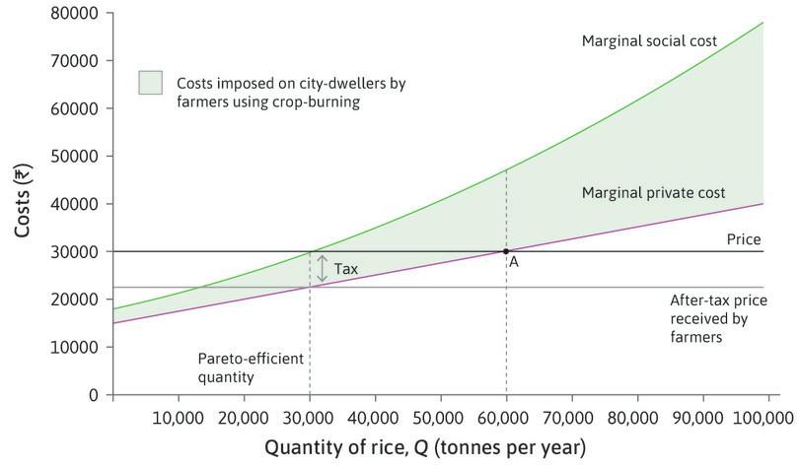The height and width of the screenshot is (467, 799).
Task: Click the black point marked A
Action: (506, 251)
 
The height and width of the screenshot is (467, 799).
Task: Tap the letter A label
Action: (514, 263)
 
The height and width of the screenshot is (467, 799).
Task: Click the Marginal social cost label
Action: (649, 41)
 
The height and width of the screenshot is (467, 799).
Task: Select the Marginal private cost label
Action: (653, 193)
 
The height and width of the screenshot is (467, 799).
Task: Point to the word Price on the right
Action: (744, 239)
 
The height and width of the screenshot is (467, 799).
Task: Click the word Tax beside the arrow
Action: (345, 269)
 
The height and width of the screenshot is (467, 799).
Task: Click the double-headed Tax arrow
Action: (321, 269)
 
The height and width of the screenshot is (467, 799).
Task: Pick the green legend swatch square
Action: (150, 84)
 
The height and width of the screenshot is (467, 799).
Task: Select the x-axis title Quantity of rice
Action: (424, 447)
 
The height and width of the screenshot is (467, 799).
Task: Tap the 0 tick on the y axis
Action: (94, 395)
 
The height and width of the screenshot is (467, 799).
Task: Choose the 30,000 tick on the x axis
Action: (310, 417)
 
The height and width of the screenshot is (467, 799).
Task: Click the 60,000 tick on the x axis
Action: (506, 417)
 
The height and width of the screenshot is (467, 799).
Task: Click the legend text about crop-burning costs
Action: (291, 93)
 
